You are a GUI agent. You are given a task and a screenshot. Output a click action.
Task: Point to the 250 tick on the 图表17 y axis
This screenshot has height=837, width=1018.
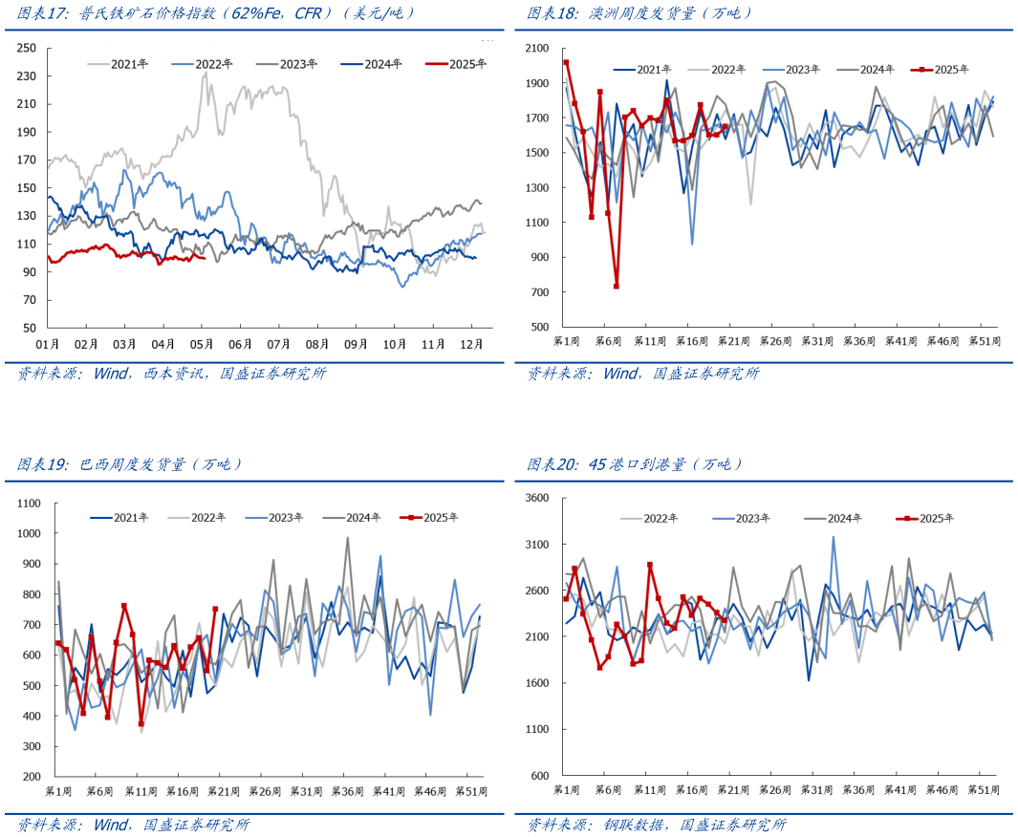pos(27,48)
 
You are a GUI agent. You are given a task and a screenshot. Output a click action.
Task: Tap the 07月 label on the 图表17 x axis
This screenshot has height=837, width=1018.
pos(278,344)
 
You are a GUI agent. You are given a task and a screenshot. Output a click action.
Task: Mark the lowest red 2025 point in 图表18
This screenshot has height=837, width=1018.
pos(617,286)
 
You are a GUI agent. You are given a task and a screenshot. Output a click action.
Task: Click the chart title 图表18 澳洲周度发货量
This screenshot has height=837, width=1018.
pos(640,13)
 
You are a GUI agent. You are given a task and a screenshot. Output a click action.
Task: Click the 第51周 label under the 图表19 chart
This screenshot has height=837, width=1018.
pos(470,792)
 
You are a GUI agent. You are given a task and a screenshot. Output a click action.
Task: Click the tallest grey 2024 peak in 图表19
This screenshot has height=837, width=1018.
pos(347,537)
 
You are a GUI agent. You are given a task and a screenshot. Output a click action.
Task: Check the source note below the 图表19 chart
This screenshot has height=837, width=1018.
pos(133,825)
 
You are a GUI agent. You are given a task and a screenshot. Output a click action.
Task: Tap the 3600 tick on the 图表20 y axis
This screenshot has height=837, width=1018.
pos(537,499)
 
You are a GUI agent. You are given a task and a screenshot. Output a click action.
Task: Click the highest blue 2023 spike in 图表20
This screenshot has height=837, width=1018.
pos(833,536)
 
